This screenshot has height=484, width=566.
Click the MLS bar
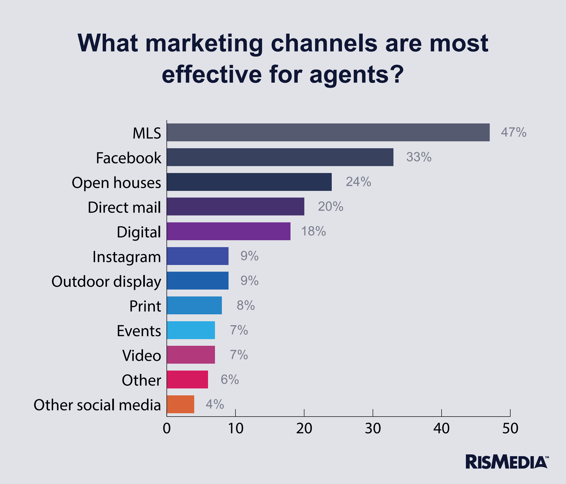[x=328, y=132]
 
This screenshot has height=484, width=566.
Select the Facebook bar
[x=280, y=157]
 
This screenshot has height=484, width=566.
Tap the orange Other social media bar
[x=180, y=404]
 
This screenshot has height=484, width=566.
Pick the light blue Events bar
[x=191, y=330]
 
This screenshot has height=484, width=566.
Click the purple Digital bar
[x=228, y=231]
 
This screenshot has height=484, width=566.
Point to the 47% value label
[x=514, y=132]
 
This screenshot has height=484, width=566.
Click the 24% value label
[x=358, y=182]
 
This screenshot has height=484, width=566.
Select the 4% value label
[x=215, y=404]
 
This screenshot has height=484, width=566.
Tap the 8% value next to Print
[x=245, y=305]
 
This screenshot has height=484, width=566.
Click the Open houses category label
[x=116, y=183]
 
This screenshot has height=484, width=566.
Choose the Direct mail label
[x=124, y=207]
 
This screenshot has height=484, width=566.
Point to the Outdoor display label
[x=106, y=282]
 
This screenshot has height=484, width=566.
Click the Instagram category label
[x=127, y=257]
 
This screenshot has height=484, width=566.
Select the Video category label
[x=142, y=356]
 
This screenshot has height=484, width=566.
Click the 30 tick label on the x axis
[x=373, y=428]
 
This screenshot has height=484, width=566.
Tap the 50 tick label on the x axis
[x=510, y=428]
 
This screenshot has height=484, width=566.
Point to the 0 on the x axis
[x=167, y=428]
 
